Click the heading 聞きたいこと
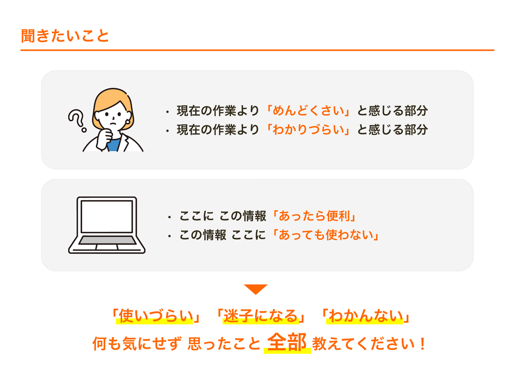(64, 36)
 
